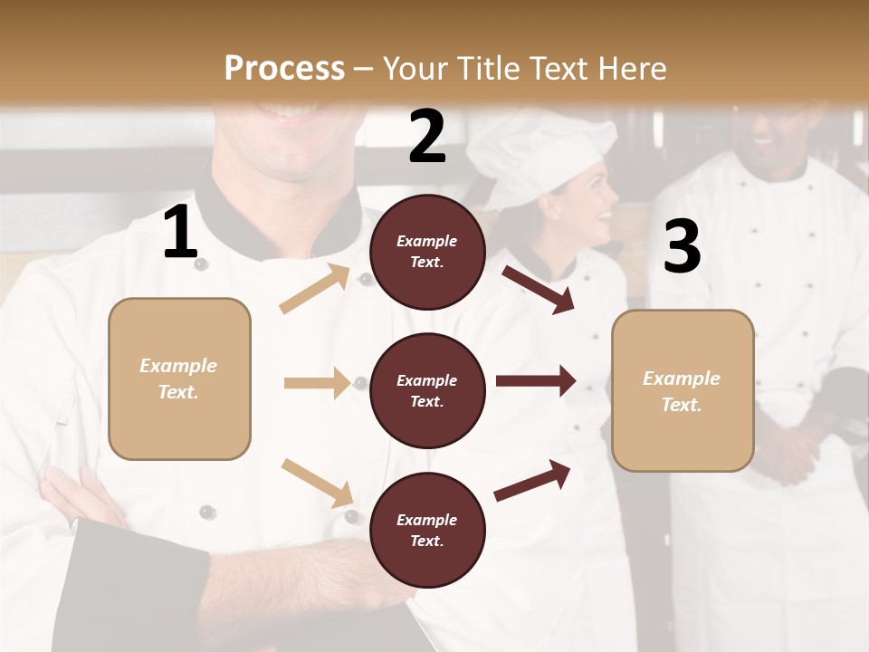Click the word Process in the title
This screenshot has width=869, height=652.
click(284, 69)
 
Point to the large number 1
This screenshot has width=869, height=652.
click(180, 234)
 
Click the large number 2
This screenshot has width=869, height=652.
click(427, 137)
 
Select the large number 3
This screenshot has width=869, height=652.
click(682, 247)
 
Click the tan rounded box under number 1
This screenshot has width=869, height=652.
click(179, 379)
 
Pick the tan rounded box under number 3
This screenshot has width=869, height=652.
click(683, 390)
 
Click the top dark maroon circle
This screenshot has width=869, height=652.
click(427, 252)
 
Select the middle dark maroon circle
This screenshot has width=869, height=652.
click(427, 390)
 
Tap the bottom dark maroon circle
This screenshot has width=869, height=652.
click(427, 530)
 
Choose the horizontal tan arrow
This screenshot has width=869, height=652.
click(317, 383)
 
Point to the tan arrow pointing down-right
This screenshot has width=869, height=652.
click(317, 483)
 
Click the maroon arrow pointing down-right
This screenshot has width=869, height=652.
click(539, 289)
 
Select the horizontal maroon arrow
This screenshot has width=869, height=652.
click(535, 380)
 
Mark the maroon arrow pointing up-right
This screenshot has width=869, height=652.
click(532, 480)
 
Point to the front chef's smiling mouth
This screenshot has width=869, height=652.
click(288, 113)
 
